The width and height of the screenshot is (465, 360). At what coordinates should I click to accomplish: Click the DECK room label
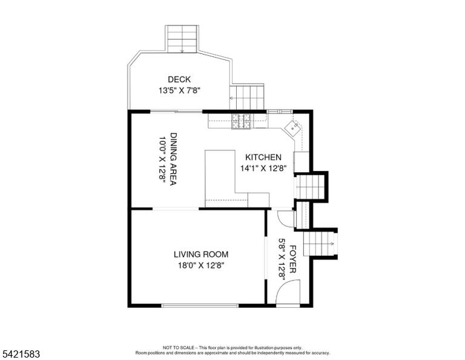(179, 79)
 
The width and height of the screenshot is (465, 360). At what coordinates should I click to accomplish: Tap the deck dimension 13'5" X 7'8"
(180, 90)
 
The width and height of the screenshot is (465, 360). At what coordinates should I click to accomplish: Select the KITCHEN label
(263, 158)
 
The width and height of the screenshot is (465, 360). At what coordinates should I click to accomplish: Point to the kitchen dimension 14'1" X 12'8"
(263, 168)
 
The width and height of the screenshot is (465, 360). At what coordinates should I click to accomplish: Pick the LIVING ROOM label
(201, 255)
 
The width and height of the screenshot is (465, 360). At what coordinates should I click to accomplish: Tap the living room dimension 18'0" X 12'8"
(201, 265)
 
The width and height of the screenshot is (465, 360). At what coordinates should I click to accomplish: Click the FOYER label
(292, 259)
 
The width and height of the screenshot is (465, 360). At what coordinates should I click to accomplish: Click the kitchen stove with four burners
(241, 121)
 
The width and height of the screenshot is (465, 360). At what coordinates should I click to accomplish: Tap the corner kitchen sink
(292, 128)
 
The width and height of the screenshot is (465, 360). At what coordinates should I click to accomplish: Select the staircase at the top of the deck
(182, 39)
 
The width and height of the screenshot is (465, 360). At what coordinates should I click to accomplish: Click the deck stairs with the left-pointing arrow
(247, 97)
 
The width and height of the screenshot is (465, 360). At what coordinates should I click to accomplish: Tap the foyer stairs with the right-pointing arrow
(319, 244)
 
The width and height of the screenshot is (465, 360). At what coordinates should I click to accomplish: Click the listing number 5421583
(21, 354)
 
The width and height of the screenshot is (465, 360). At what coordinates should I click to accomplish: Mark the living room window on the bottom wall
(200, 305)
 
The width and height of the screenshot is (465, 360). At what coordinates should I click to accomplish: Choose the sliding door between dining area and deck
(176, 112)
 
